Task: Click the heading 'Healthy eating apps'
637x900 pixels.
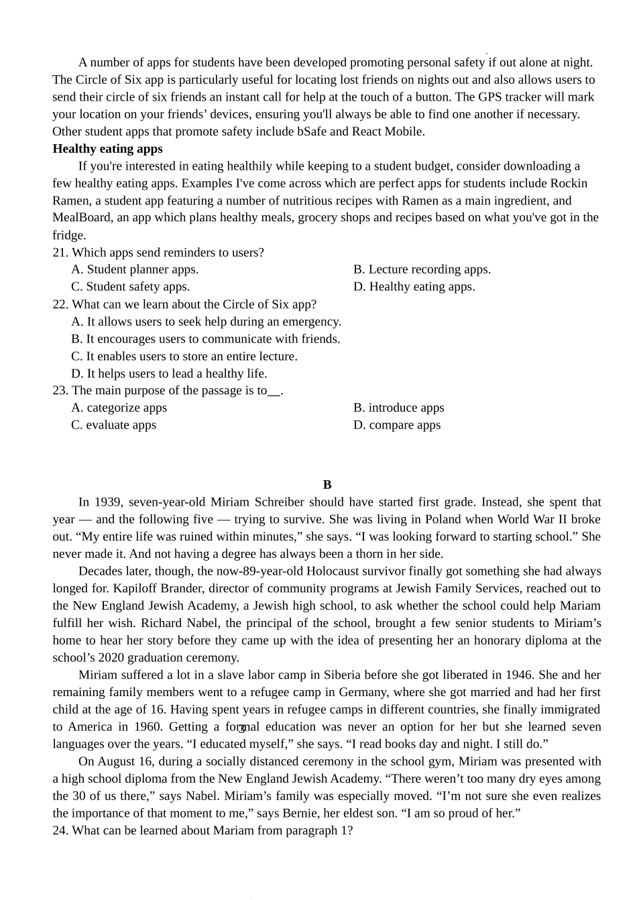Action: tap(107, 149)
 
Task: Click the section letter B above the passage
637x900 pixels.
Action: tap(327, 485)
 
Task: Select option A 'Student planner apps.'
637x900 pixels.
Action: tap(135, 270)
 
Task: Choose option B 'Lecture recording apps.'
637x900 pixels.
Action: tap(422, 270)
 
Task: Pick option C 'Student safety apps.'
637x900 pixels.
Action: tap(131, 287)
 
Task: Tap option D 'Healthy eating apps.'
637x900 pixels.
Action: tap(414, 287)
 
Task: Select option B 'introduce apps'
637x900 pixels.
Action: tap(398, 408)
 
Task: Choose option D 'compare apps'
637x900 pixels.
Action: tap(397, 425)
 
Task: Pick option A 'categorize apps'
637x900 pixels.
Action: tap(119, 408)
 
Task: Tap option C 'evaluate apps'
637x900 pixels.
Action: tap(113, 425)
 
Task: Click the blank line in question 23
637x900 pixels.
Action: tap(274, 392)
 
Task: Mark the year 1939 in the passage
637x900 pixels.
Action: tap(108, 502)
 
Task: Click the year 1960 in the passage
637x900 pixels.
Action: tap(147, 727)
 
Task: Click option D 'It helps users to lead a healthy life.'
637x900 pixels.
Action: tap(169, 374)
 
